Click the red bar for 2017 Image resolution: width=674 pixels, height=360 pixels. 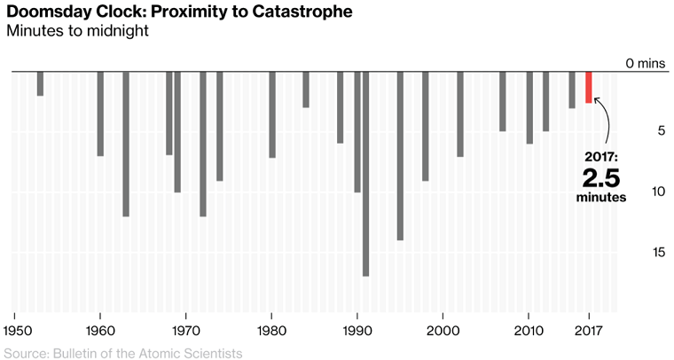[x=588, y=87]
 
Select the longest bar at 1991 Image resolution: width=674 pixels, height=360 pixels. [x=365, y=174]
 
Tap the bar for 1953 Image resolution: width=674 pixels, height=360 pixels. [x=40, y=83]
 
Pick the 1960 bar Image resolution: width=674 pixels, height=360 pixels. [x=100, y=113]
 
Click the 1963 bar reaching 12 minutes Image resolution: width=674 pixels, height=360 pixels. [x=126, y=144]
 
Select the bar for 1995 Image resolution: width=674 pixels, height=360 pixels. [x=400, y=155]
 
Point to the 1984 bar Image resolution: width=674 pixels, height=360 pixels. [x=306, y=90]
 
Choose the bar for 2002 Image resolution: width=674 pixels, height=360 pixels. [x=460, y=113]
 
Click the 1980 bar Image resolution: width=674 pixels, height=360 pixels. [x=272, y=114]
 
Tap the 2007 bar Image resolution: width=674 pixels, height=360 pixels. [x=503, y=101]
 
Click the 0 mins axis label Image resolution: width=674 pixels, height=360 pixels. [x=643, y=64]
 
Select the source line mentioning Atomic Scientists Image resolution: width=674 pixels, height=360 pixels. [x=123, y=353]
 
